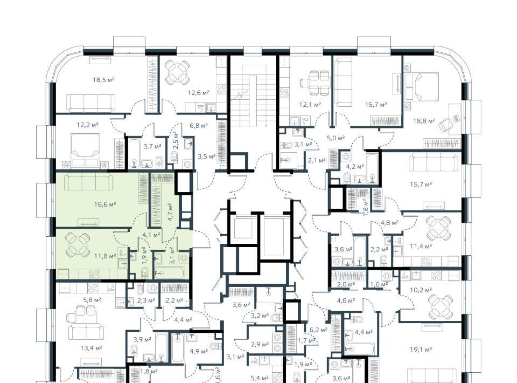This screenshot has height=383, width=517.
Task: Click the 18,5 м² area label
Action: [x=103, y=80]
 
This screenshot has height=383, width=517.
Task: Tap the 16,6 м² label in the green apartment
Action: [x=105, y=204]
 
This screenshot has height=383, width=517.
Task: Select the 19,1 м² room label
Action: [x=421, y=350]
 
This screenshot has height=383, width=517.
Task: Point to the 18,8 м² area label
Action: [x=424, y=121]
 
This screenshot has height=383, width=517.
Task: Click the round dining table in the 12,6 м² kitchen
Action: [x=177, y=72]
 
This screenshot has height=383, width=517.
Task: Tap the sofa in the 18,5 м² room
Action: [x=91, y=102]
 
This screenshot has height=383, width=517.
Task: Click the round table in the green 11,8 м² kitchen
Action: [x=78, y=245]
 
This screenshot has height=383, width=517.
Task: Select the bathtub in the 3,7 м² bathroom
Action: [x=135, y=153]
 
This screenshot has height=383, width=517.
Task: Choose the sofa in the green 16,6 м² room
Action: [x=89, y=182]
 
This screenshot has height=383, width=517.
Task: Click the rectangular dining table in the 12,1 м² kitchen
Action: [x=315, y=83]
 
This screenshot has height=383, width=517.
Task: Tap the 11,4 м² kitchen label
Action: [x=421, y=247]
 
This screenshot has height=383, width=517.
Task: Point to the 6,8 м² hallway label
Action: [x=199, y=126]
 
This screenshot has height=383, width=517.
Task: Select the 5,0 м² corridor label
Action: [x=336, y=138]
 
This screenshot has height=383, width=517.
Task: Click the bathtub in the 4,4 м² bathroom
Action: [x=360, y=348]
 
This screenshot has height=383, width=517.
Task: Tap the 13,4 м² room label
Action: [x=92, y=348]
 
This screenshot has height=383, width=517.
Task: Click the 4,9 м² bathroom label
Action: [x=199, y=351]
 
